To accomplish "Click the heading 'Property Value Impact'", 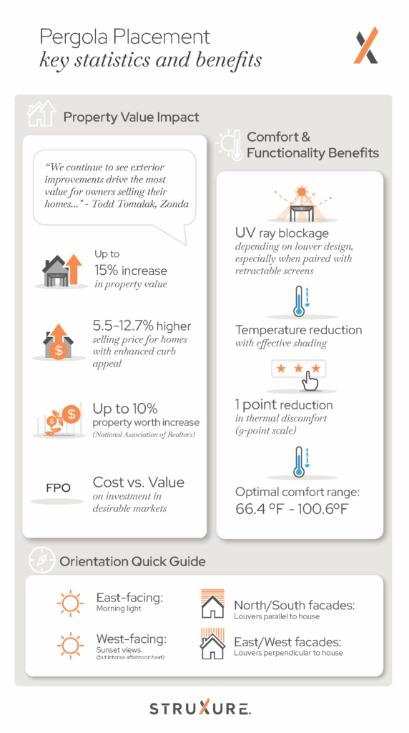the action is (x=131, y=117).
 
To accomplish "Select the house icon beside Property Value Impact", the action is (x=41, y=114).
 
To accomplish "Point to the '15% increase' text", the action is (x=130, y=271).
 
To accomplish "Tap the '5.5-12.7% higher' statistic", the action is (x=142, y=326).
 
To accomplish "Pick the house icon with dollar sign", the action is (x=60, y=341).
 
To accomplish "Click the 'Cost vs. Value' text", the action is (x=138, y=482).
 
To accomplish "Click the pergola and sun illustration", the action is (x=300, y=205).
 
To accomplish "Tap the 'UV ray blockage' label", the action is (x=281, y=234).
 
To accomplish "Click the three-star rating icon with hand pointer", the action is (x=300, y=374).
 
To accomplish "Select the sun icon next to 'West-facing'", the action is (x=70, y=645).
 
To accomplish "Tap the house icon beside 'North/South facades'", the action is (x=212, y=603).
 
